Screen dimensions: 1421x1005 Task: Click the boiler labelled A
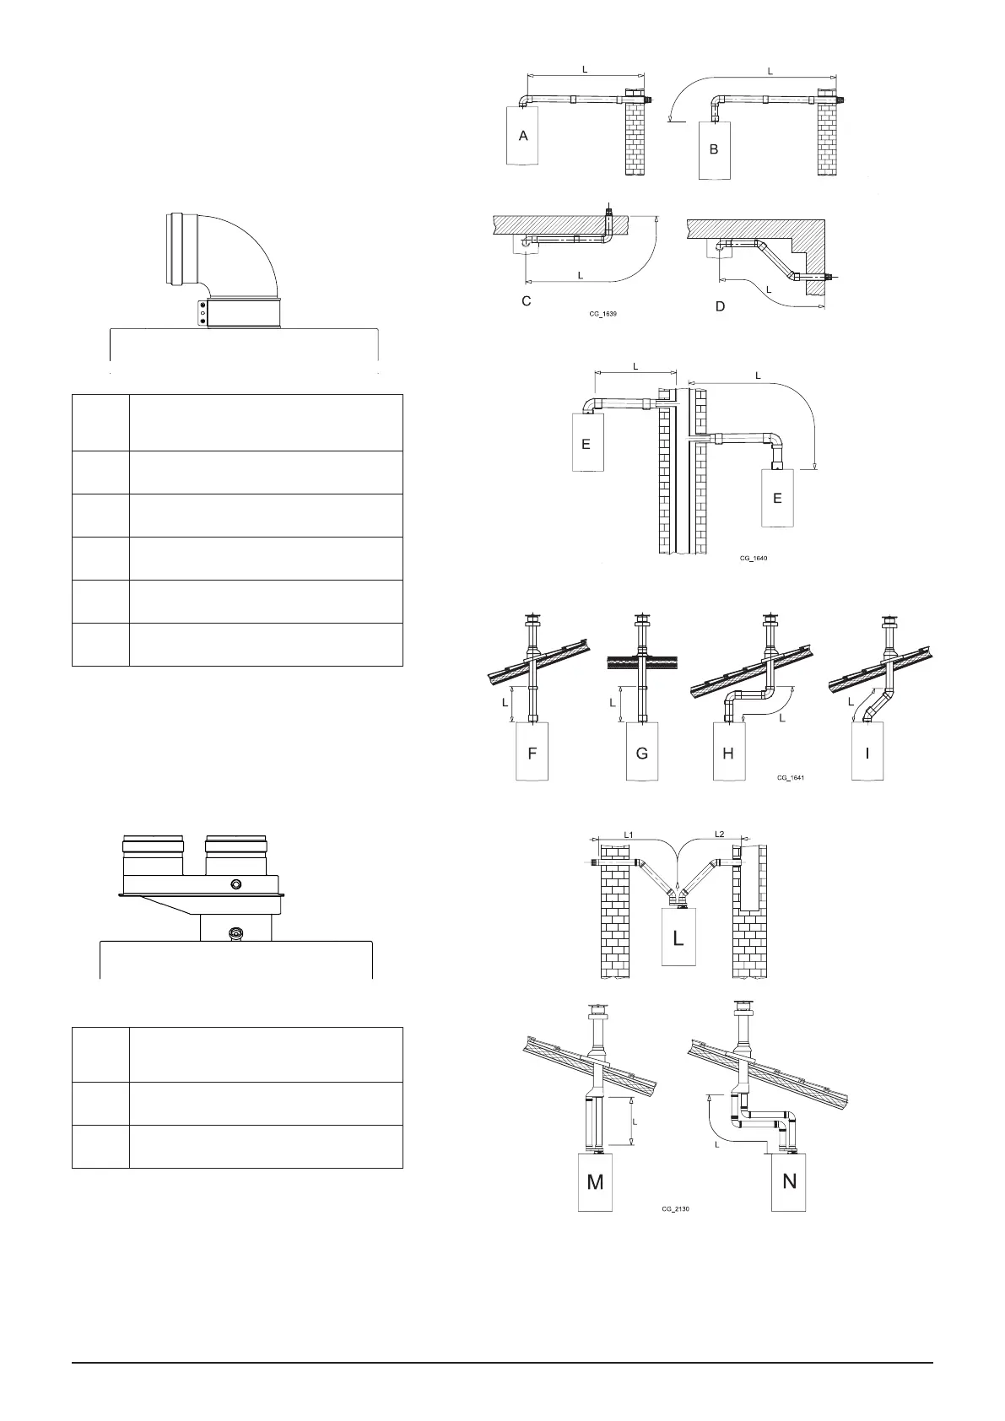pos(523,136)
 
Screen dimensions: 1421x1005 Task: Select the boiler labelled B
pos(714,149)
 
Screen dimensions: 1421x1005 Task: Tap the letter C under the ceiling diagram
pos(527,300)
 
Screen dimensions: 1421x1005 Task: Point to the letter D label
pos(720,306)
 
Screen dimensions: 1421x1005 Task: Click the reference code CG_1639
pos(604,313)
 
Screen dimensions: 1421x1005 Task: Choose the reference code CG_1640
pos(754,558)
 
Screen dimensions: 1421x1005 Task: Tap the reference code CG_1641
pos(791,778)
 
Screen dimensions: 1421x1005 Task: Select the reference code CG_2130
pos(677,1208)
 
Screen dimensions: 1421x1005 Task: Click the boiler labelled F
pos(532,753)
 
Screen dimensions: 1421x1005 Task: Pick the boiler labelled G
pos(642,753)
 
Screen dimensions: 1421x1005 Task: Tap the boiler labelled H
pos(728,753)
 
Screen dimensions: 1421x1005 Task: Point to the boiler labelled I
pos(867,753)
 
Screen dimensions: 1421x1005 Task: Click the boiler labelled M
pos(595,1181)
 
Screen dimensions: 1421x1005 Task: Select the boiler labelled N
pos(789,1181)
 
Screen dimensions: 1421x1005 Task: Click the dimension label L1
pos(629,835)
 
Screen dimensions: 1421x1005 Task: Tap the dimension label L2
pos(719,835)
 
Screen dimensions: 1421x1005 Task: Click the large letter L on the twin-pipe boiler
pos(678,937)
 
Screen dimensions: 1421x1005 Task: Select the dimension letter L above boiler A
pos(584,67)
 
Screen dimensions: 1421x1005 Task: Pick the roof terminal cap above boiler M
pos(597,1011)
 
